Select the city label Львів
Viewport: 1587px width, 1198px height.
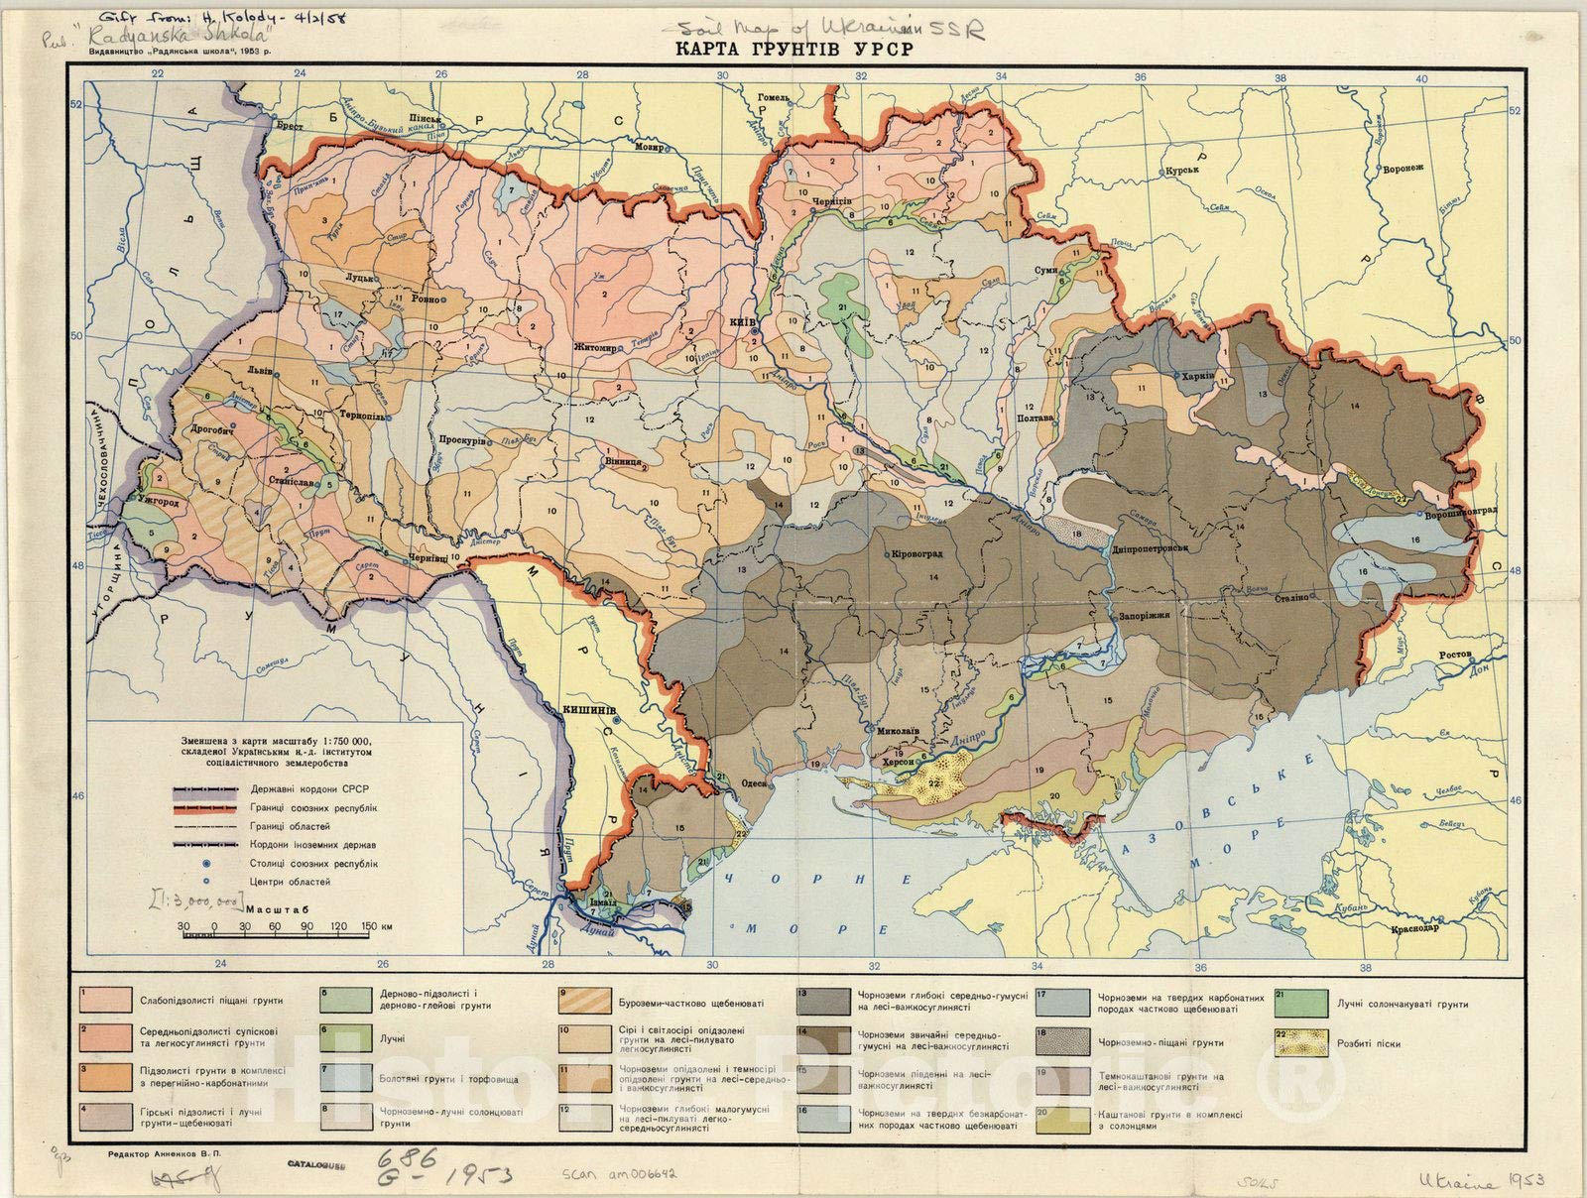261,364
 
